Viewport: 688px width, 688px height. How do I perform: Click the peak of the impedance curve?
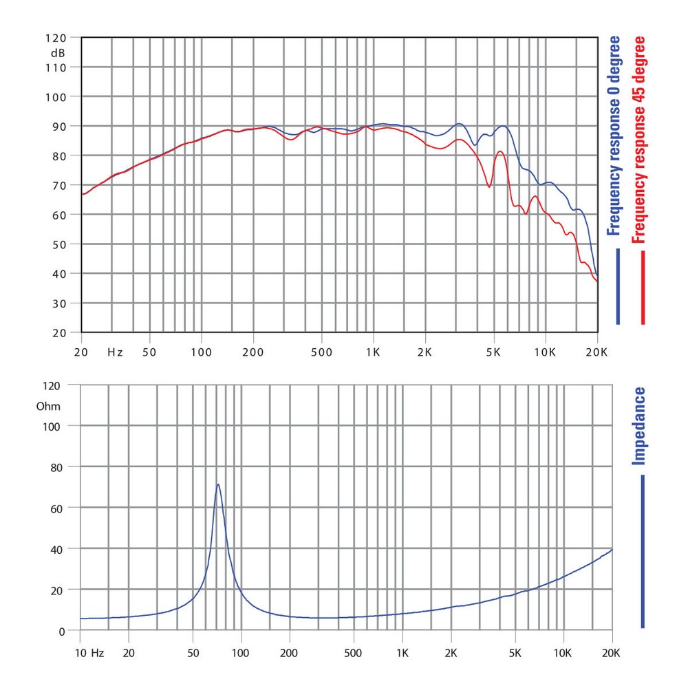(218, 484)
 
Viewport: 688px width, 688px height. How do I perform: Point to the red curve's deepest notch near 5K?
(489, 186)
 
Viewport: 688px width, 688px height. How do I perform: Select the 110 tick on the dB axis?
(57, 67)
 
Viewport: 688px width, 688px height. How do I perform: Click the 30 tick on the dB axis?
(60, 303)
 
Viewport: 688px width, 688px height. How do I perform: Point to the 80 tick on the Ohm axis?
(58, 467)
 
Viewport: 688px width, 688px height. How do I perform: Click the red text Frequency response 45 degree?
(640, 140)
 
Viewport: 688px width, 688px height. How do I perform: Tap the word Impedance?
(640, 427)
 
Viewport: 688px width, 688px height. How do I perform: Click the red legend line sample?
(643, 288)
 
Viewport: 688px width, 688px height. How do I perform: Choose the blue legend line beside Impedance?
(643, 551)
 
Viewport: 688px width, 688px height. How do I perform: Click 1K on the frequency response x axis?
(373, 352)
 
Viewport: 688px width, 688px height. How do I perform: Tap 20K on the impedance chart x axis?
(612, 650)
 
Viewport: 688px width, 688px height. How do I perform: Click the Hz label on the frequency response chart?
(115, 352)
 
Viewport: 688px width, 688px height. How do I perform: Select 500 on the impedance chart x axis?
(353, 650)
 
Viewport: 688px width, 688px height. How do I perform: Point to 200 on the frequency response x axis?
(253, 352)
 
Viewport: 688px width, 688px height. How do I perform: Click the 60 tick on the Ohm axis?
(58, 508)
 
